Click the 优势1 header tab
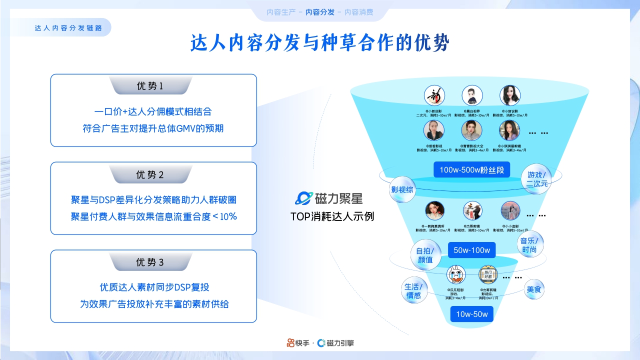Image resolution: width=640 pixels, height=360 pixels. (150, 86)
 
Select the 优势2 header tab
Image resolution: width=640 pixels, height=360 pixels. (150, 174)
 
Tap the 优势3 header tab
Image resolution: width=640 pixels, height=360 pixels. (150, 262)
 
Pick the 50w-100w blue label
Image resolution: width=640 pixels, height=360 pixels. (472, 250)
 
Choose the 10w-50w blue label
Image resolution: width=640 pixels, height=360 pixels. (472, 314)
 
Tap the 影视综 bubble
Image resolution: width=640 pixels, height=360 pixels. (402, 190)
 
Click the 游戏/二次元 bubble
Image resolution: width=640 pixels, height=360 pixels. (537, 179)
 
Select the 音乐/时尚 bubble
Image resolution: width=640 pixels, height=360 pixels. (530, 244)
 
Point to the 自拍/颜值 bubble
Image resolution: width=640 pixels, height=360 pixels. (425, 255)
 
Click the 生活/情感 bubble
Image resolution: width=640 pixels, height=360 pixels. (413, 291)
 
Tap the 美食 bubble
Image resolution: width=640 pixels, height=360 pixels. (534, 289)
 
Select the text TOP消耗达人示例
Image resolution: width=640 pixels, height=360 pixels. (332, 216)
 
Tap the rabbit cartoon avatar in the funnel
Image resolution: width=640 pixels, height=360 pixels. (455, 274)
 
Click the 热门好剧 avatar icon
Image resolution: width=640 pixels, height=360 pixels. (488, 274)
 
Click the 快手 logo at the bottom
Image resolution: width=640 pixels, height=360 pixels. (298, 343)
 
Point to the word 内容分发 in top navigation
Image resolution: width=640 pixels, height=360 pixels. (320, 12)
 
